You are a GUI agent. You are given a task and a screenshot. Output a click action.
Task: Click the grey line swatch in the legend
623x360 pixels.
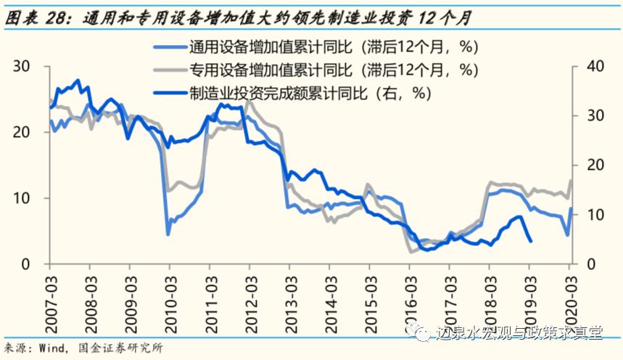169,71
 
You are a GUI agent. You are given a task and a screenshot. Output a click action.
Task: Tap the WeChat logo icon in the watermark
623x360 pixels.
421,333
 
